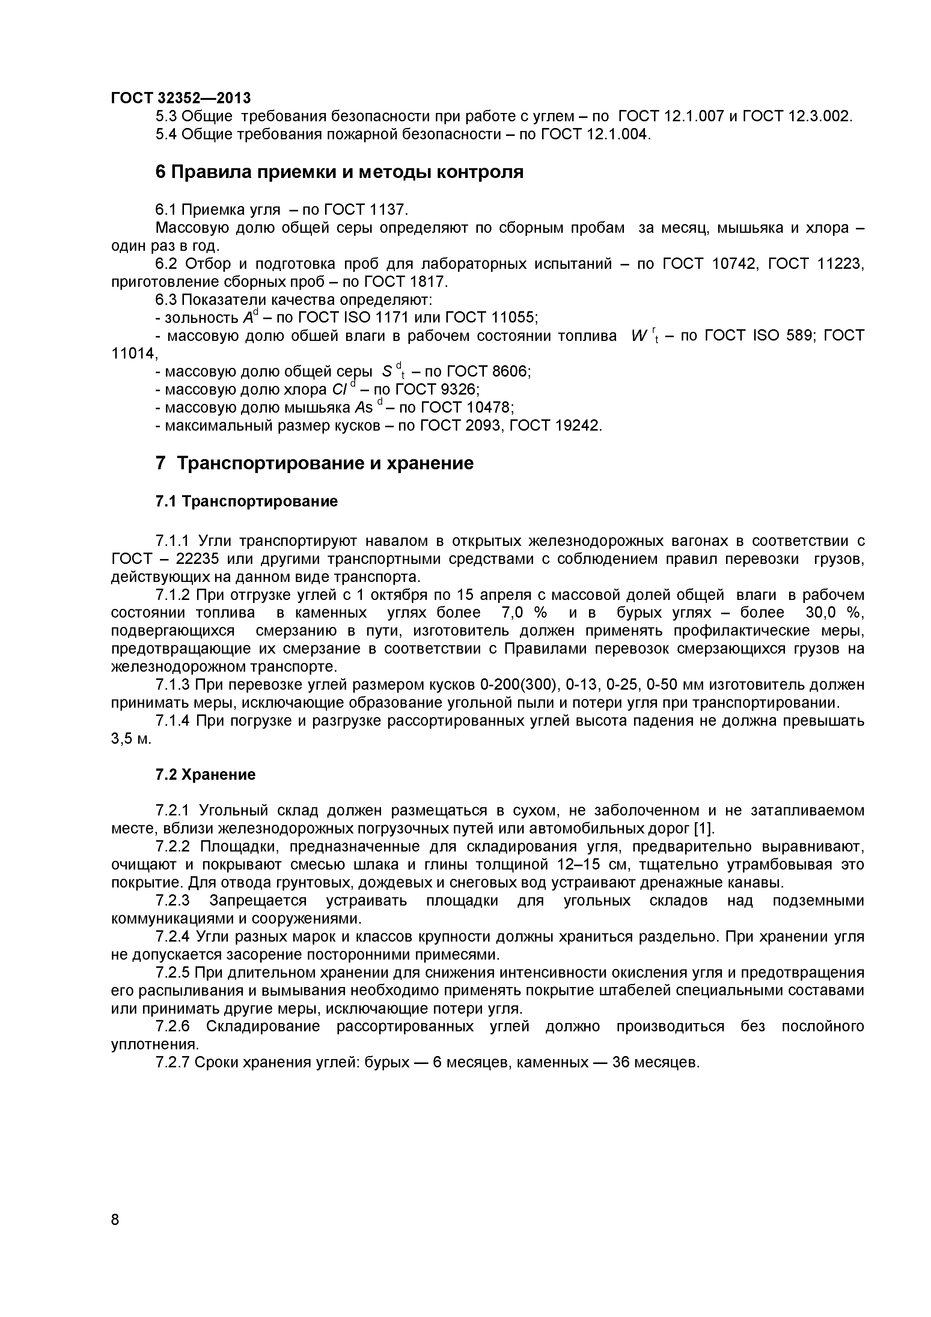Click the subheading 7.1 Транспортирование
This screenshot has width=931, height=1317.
[x=247, y=502]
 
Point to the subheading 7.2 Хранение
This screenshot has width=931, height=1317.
[x=205, y=775]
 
